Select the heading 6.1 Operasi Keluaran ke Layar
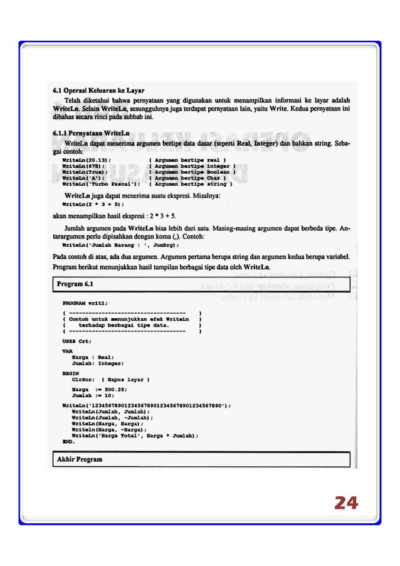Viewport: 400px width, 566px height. pyautogui.click(x=98, y=90)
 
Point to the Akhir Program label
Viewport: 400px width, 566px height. pyautogui.click(x=80, y=459)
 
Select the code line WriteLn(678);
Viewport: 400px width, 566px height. pyautogui.click(x=83, y=166)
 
